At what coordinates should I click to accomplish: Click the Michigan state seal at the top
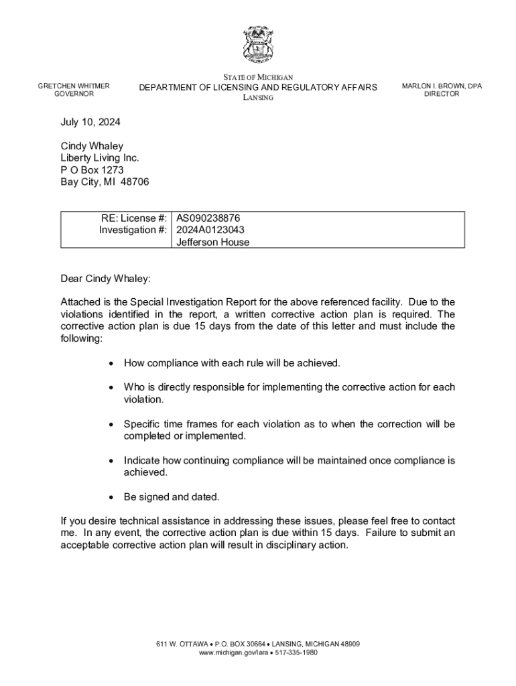click(x=258, y=46)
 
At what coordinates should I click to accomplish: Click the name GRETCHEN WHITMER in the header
click(x=74, y=86)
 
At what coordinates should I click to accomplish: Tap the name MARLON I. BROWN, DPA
click(x=442, y=86)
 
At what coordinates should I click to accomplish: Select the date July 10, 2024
click(x=90, y=123)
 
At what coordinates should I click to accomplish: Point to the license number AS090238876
click(x=208, y=218)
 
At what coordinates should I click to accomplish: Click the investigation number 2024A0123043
click(x=210, y=230)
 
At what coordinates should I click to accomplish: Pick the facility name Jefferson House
click(x=212, y=242)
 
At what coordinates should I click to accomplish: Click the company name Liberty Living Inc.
click(x=100, y=158)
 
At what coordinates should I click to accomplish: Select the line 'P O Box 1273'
click(x=92, y=170)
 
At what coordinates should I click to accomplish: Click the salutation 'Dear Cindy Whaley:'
click(x=106, y=279)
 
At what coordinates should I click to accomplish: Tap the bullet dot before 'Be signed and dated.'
click(x=111, y=497)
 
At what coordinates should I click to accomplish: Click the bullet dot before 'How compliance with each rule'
click(x=111, y=363)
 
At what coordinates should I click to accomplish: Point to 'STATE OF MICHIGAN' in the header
click(x=258, y=78)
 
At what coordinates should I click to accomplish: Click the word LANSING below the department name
click(x=258, y=98)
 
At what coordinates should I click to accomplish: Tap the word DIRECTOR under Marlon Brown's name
click(x=442, y=94)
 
